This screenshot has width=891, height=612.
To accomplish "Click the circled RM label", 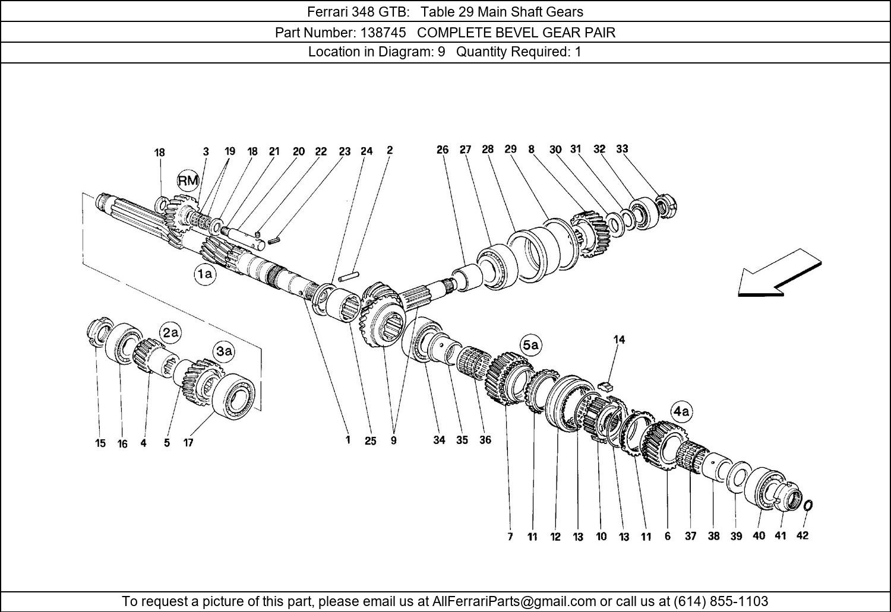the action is click(x=188, y=181).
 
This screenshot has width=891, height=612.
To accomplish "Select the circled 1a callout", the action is click(x=206, y=274).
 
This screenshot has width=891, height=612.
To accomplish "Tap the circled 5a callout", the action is click(x=531, y=345).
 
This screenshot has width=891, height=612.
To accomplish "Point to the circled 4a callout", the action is click(x=681, y=412).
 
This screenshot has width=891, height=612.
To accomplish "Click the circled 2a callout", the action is click(x=170, y=332).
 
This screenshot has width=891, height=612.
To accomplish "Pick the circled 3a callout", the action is click(x=225, y=351).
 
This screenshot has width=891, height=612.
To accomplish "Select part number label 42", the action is click(x=802, y=535).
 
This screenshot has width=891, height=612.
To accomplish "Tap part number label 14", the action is click(x=619, y=340).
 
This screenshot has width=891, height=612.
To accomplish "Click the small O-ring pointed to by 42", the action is click(x=808, y=506).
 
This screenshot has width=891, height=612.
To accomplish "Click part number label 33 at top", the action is click(x=622, y=149).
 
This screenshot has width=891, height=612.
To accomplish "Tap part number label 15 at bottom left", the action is click(x=100, y=443).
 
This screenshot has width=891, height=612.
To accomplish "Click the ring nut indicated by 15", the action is click(x=99, y=332).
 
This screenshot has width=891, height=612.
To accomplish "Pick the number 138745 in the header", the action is click(x=383, y=32).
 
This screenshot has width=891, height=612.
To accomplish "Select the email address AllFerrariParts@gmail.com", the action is click(x=514, y=600).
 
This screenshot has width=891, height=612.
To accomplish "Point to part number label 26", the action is click(x=443, y=150).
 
